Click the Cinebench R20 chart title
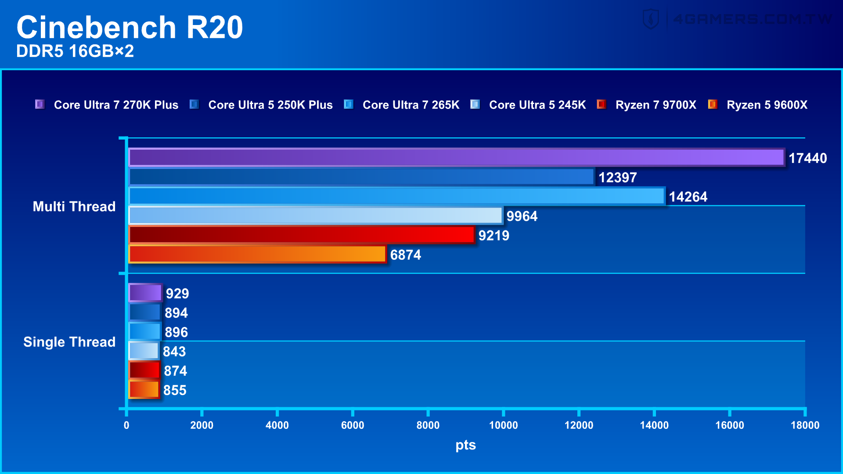click(x=130, y=27)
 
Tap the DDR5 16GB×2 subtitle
click(x=75, y=51)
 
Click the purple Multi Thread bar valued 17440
click(x=457, y=158)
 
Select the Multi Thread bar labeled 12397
click(x=361, y=177)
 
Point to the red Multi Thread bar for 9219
click(x=302, y=235)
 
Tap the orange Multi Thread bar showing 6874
click(x=257, y=254)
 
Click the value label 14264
click(x=688, y=197)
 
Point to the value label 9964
click(x=522, y=216)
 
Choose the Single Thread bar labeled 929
click(x=145, y=293)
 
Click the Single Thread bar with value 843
click(x=144, y=351)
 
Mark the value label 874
click(x=175, y=371)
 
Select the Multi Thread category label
click(x=74, y=206)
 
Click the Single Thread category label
click(x=69, y=342)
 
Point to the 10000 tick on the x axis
click(x=503, y=425)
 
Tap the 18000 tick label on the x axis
click(x=805, y=425)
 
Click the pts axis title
click(x=465, y=445)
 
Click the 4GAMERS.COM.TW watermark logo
click(x=738, y=19)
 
